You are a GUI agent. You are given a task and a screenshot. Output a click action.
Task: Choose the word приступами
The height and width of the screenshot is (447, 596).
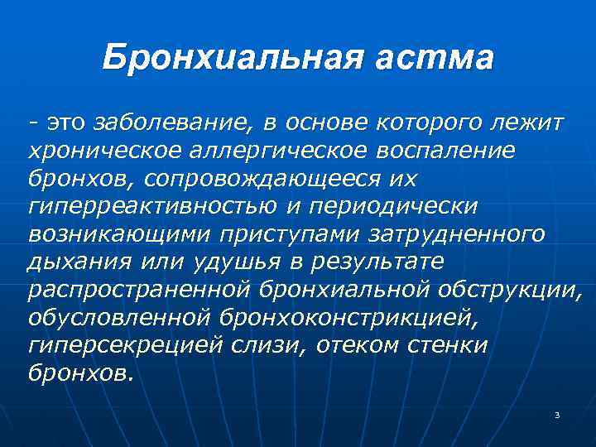[287, 234]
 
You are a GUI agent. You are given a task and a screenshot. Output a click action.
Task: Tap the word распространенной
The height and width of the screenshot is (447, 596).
[139, 290]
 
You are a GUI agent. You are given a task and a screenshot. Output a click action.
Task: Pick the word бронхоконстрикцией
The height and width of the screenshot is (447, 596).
[344, 317]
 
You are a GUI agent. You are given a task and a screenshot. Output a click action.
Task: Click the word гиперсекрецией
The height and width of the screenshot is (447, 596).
[113, 345]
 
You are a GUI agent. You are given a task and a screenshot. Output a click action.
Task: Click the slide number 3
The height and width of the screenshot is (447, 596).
[558, 414]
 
